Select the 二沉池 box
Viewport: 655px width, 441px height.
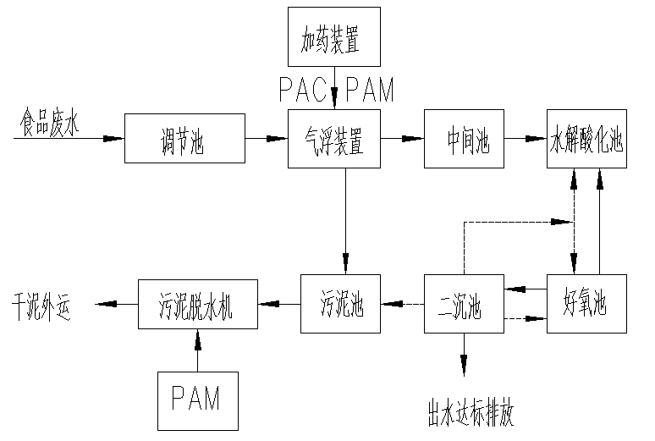pyautogui.click(x=463, y=302)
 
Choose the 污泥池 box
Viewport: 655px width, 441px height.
pyautogui.click(x=342, y=302)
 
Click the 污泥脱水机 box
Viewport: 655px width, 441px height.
pyautogui.click(x=197, y=304)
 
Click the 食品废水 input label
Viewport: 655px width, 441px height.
pyautogui.click(x=48, y=125)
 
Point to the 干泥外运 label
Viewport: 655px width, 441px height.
pyautogui.click(x=41, y=303)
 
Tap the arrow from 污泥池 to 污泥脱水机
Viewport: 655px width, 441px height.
pyautogui.click(x=279, y=303)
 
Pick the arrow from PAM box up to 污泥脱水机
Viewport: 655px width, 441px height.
pyautogui.click(x=198, y=350)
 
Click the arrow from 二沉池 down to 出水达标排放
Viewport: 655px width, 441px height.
pyautogui.click(x=463, y=351)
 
